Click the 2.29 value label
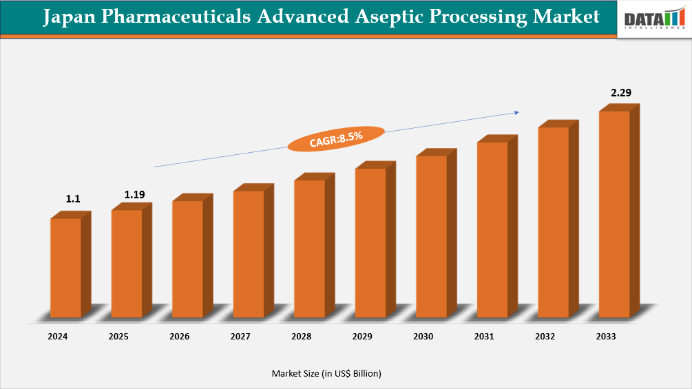(621, 92)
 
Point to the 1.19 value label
(134, 195)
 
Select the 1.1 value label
(73, 199)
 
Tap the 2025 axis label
(118, 337)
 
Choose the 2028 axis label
(301, 337)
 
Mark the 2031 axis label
(484, 337)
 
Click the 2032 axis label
(545, 337)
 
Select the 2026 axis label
(179, 337)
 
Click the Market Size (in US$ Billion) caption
(326, 373)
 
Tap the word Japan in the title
(70, 17)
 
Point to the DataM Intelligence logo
(654, 19)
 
